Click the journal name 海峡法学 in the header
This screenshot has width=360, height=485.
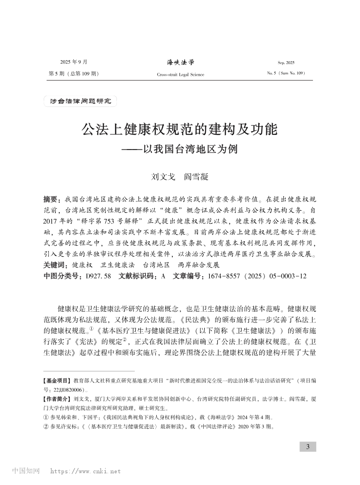[180, 62]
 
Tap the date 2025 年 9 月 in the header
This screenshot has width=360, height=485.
[73, 63]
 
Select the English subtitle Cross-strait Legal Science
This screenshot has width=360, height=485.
[180, 74]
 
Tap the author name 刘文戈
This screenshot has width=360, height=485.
[160, 177]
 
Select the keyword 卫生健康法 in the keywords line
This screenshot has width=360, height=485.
[117, 265]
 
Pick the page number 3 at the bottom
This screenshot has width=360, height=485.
[308, 447]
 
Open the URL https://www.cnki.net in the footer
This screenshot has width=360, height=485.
[85, 471]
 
